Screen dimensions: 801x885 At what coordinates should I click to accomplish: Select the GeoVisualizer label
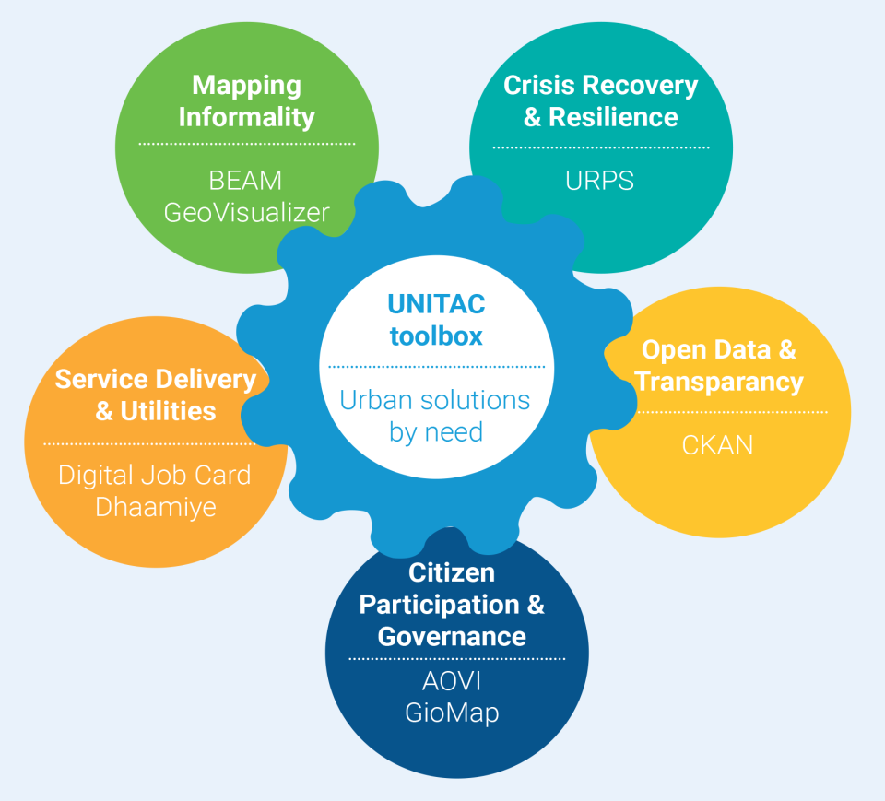(x=246, y=212)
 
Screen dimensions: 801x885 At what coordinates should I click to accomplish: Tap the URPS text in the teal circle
(x=600, y=181)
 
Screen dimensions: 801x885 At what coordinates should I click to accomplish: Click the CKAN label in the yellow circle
(x=717, y=445)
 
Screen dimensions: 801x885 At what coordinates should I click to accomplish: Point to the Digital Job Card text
(x=155, y=475)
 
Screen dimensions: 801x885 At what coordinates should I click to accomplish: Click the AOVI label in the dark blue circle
(x=452, y=681)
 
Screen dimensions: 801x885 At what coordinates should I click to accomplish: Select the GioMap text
(x=452, y=713)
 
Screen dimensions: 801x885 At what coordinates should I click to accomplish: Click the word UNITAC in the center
(x=436, y=304)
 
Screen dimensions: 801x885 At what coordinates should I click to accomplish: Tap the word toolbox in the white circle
(x=436, y=336)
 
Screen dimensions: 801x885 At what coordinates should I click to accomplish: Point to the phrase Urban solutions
(x=435, y=400)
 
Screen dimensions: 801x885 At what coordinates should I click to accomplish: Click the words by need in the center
(x=436, y=431)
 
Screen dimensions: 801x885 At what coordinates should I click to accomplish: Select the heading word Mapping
(x=246, y=86)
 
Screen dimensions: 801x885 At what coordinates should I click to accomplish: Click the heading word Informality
(x=246, y=118)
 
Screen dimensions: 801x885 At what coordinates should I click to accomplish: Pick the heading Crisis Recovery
(x=600, y=86)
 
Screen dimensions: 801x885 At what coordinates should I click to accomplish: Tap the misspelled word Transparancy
(x=719, y=382)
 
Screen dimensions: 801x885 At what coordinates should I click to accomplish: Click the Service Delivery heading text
(x=155, y=379)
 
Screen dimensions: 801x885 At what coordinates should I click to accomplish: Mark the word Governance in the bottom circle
(x=452, y=636)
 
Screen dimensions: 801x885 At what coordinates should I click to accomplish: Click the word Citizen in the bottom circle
(x=452, y=572)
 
